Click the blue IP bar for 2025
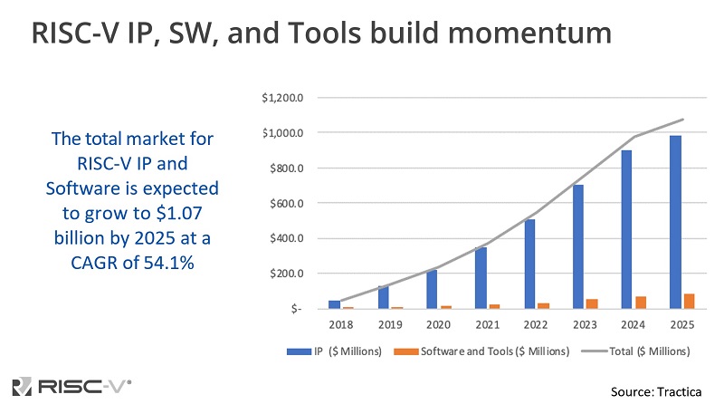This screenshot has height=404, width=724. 675,222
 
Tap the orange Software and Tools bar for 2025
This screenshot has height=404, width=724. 690,301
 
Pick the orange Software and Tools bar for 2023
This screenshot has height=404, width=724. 591,303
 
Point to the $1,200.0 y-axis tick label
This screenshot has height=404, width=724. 281,98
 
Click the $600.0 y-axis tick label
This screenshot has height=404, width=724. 285,203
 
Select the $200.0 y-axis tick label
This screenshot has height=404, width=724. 285,274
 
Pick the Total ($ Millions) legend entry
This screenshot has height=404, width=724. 638,351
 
